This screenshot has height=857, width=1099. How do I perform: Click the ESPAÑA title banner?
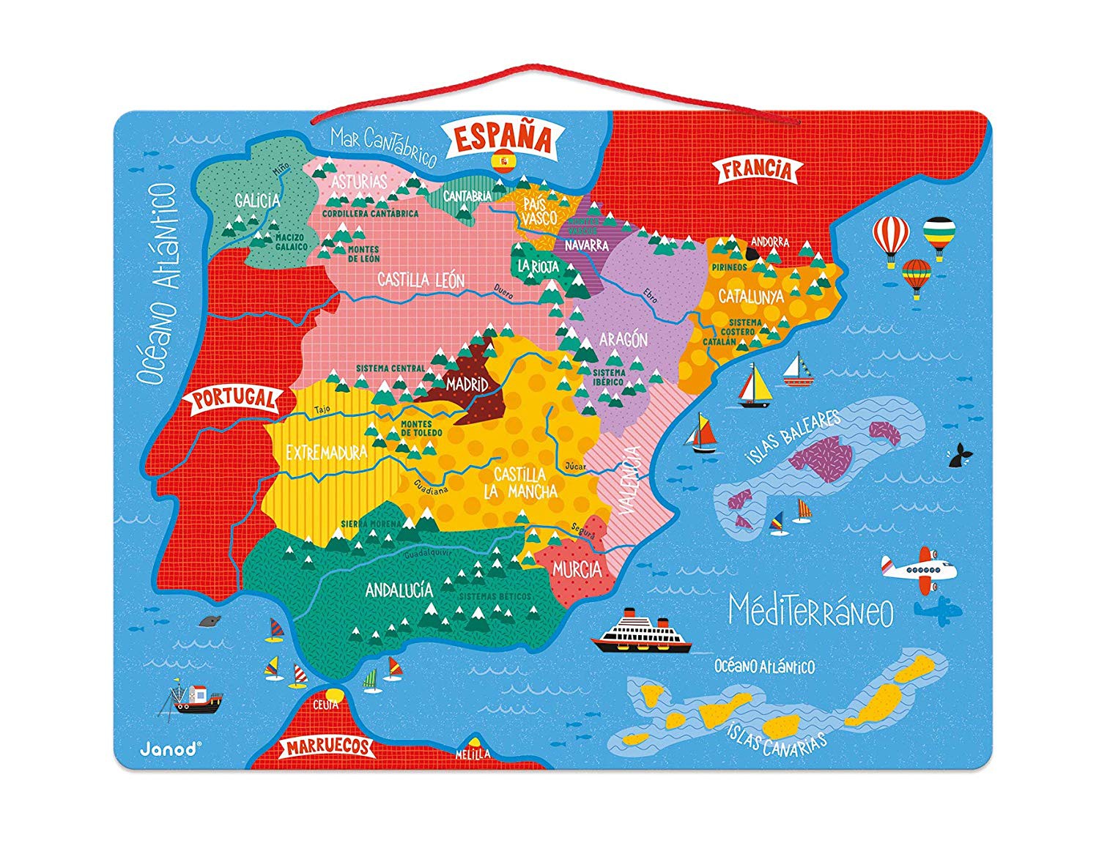click(x=502, y=137)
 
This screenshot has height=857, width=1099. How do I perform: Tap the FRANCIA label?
click(x=757, y=170)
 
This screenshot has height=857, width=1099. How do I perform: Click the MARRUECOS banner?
click(x=328, y=747)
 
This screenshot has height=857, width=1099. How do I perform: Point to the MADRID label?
click(x=467, y=383)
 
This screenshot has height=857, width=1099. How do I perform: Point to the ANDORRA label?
click(x=770, y=241)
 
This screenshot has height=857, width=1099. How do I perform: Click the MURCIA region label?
click(x=577, y=569)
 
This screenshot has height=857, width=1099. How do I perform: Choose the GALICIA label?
click(x=257, y=200)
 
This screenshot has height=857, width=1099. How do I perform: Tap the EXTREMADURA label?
click(x=326, y=453)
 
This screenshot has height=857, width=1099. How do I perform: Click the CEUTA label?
click(x=325, y=705)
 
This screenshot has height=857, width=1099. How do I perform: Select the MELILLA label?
click(x=472, y=754)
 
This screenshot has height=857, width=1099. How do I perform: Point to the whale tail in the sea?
click(x=960, y=456)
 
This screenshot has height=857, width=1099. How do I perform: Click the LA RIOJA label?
click(x=538, y=266)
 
